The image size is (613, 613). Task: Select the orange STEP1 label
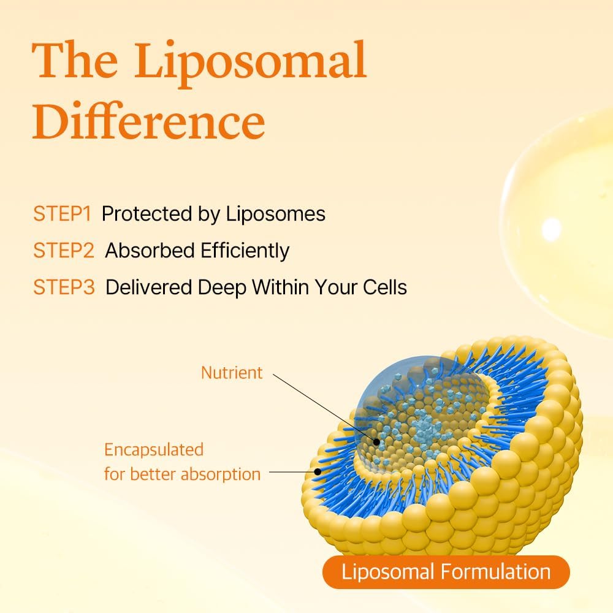[x=63, y=214]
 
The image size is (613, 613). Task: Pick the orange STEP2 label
[x=64, y=251]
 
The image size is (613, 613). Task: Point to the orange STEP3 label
[x=64, y=287]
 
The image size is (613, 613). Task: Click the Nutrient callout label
[x=232, y=372]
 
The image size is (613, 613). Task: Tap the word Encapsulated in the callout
[x=153, y=449]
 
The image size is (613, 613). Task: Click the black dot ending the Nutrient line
[x=375, y=440]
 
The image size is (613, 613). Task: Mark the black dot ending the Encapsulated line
[x=318, y=472]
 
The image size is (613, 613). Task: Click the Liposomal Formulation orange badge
[x=446, y=573]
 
